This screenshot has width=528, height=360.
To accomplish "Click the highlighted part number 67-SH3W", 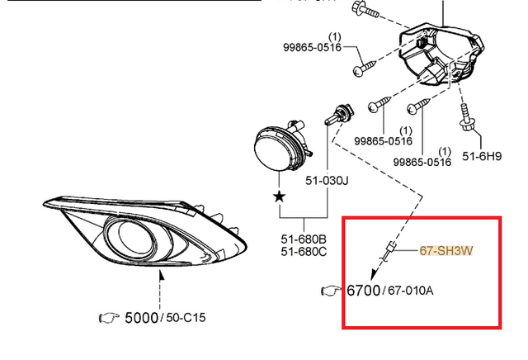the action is (x=446, y=250).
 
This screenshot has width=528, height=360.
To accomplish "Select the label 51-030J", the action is (x=327, y=181).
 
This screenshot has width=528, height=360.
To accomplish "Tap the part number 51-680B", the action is (x=304, y=239).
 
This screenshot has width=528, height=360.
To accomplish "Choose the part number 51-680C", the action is (x=304, y=252).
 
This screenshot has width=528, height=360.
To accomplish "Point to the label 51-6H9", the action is (x=482, y=156).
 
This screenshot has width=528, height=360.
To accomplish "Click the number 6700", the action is (x=363, y=290).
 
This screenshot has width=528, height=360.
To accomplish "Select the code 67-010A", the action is (x=411, y=290).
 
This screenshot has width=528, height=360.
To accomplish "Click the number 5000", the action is (x=141, y=318).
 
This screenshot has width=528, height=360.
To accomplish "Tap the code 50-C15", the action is (x=186, y=317).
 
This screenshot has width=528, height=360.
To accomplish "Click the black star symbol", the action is (x=279, y=197).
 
